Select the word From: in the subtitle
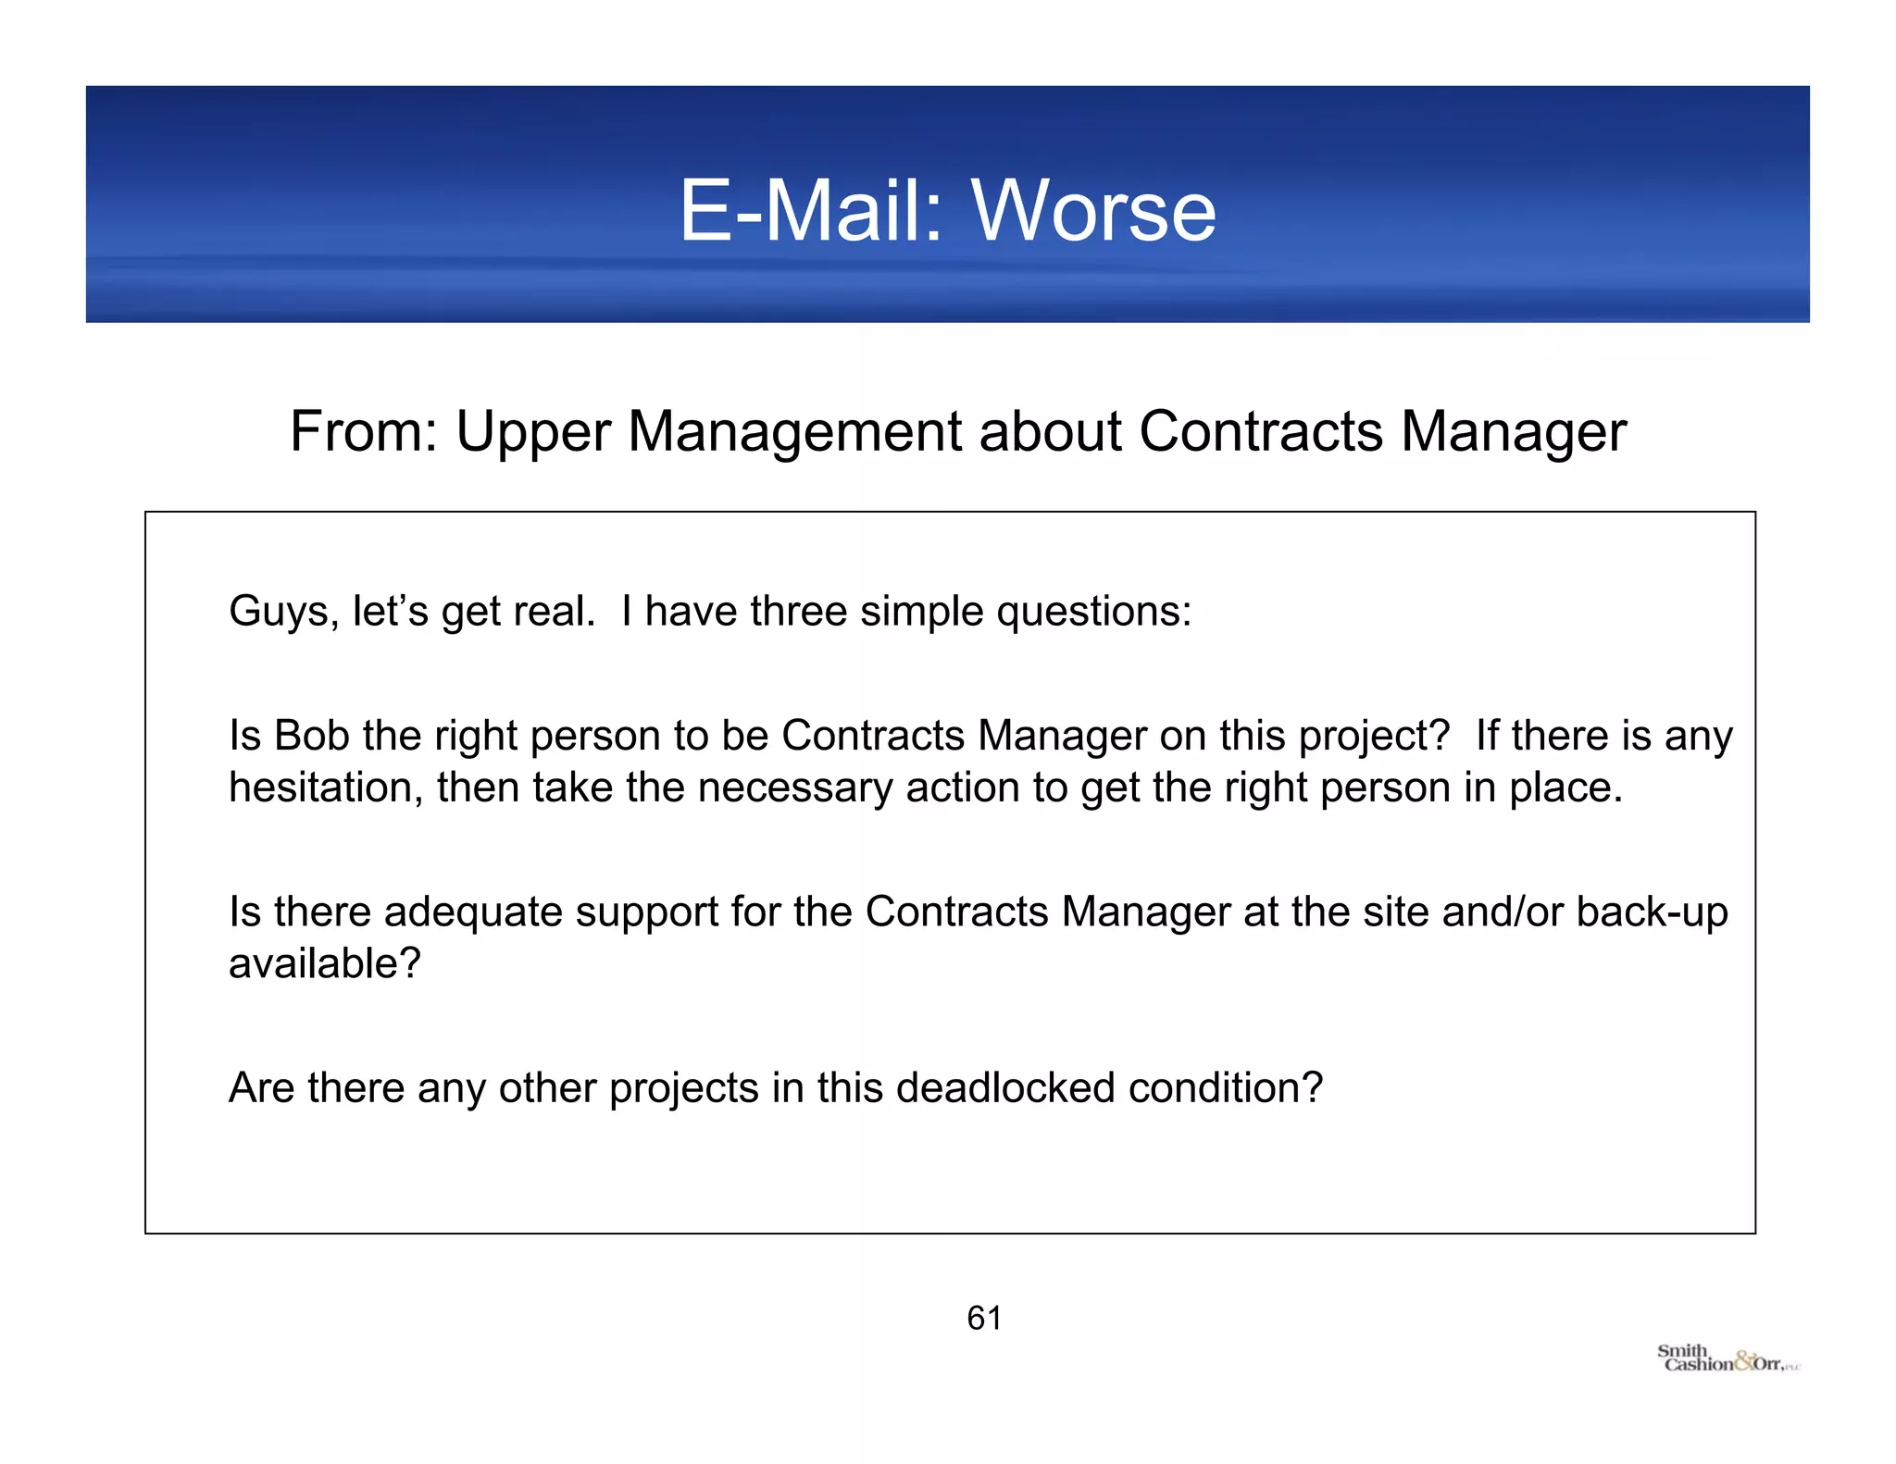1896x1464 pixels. pyautogui.click(x=364, y=431)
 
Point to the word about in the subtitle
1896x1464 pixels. pyautogui.click(x=1050, y=431)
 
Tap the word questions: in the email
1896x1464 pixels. pyautogui.click(x=1093, y=612)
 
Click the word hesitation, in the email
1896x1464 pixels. pyautogui.click(x=326, y=788)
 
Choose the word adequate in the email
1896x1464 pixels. pyautogui.click(x=473, y=912)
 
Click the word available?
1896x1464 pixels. pyautogui.click(x=325, y=963)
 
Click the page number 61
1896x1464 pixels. pyautogui.click(x=984, y=1318)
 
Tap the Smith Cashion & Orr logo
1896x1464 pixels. pyautogui.click(x=1728, y=1359)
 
